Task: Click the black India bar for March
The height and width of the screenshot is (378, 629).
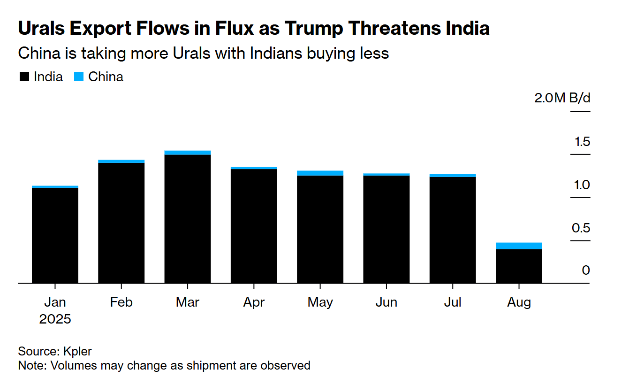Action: point(188,218)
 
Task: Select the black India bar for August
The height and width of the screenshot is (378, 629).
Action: point(519,266)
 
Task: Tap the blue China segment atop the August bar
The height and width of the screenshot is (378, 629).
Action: point(519,246)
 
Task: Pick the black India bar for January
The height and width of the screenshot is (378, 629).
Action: point(55,235)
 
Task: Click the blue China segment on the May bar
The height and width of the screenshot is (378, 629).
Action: point(320,173)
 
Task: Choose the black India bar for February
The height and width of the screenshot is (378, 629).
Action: point(121,223)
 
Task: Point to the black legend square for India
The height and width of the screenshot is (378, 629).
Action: point(24,77)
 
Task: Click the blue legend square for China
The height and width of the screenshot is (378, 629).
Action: point(79,77)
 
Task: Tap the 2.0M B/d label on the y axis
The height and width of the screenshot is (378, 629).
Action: point(562,99)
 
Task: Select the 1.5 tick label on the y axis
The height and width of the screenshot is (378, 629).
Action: point(582,142)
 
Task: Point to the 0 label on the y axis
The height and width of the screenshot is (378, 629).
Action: point(586,270)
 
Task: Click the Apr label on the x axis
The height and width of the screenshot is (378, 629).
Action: point(254,302)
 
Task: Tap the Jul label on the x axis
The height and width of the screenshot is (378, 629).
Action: point(452,302)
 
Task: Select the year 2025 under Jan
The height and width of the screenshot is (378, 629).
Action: point(55,319)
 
